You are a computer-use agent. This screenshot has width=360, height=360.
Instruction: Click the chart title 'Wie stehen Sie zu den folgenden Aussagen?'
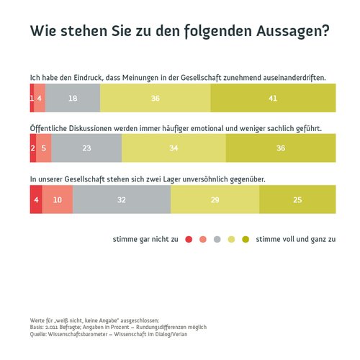click(x=179, y=31)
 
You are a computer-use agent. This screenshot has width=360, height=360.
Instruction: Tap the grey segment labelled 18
click(x=73, y=98)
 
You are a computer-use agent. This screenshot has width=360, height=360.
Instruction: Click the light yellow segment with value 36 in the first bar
click(x=156, y=98)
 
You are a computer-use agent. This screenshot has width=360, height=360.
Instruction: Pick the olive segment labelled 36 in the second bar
click(x=281, y=148)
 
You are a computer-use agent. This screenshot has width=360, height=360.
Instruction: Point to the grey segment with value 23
click(x=86, y=148)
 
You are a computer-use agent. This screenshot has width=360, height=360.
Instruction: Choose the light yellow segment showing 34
click(x=174, y=148)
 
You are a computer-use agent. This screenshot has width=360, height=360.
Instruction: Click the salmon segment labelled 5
click(x=44, y=148)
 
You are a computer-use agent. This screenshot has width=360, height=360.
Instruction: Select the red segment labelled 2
click(x=32, y=148)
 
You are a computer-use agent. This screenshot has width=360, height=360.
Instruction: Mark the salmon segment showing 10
click(x=58, y=199)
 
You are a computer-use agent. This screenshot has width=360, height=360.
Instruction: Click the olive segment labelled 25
click(x=297, y=199)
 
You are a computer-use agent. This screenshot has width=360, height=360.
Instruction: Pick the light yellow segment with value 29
click(x=215, y=199)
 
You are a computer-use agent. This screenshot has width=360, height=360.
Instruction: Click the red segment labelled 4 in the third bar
click(x=35, y=199)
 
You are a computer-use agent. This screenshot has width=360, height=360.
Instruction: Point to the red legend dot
click(x=189, y=239)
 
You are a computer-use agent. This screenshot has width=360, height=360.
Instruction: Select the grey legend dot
click(x=217, y=239)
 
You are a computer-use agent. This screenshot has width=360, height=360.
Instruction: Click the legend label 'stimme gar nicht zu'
click(x=145, y=239)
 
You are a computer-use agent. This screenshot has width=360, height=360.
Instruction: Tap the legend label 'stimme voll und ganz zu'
click(x=296, y=239)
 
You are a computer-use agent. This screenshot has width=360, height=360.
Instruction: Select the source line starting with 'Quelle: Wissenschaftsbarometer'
click(x=109, y=334)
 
